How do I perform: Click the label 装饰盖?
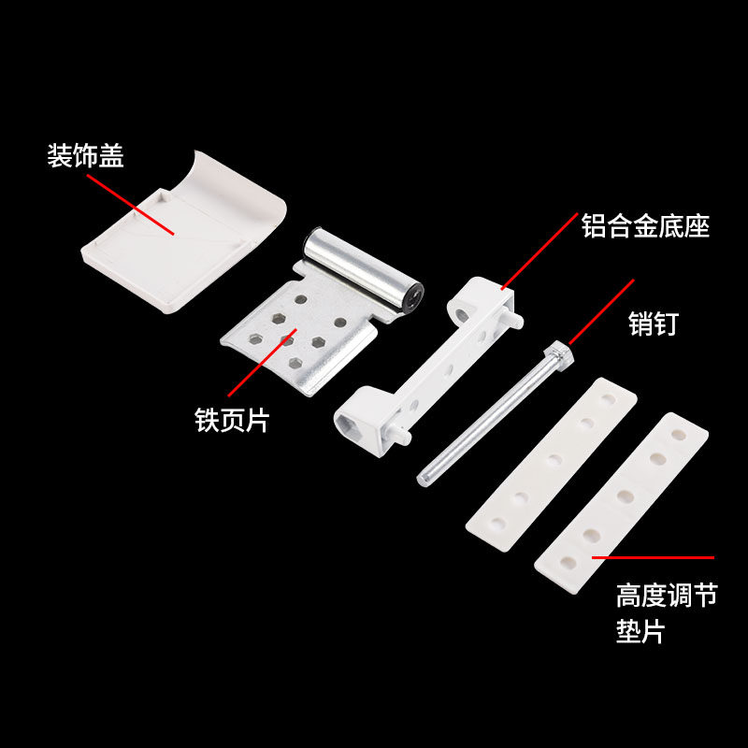coord(85,156)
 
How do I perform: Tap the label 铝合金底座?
coord(645,226)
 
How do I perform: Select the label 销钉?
coord(653,324)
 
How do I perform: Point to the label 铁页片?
coord(231,420)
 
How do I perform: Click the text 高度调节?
coord(666,596)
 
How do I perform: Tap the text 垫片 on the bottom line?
coord(640,632)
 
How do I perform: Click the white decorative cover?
coord(178,234)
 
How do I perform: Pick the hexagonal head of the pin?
coord(557,353)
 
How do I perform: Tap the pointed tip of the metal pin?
coord(422,481)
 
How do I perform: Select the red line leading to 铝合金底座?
coord(539,251)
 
